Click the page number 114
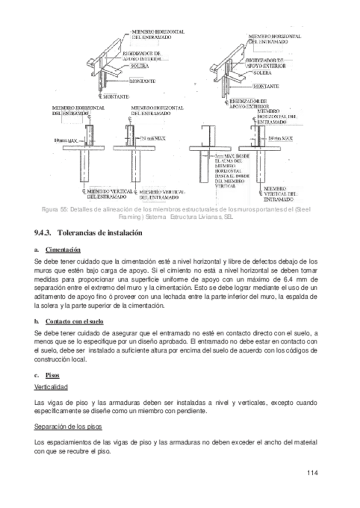(311, 473)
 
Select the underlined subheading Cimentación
(63, 250)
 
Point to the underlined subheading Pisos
(52, 376)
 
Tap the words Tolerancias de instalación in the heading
(99, 233)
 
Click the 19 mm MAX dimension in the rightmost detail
(280, 138)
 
